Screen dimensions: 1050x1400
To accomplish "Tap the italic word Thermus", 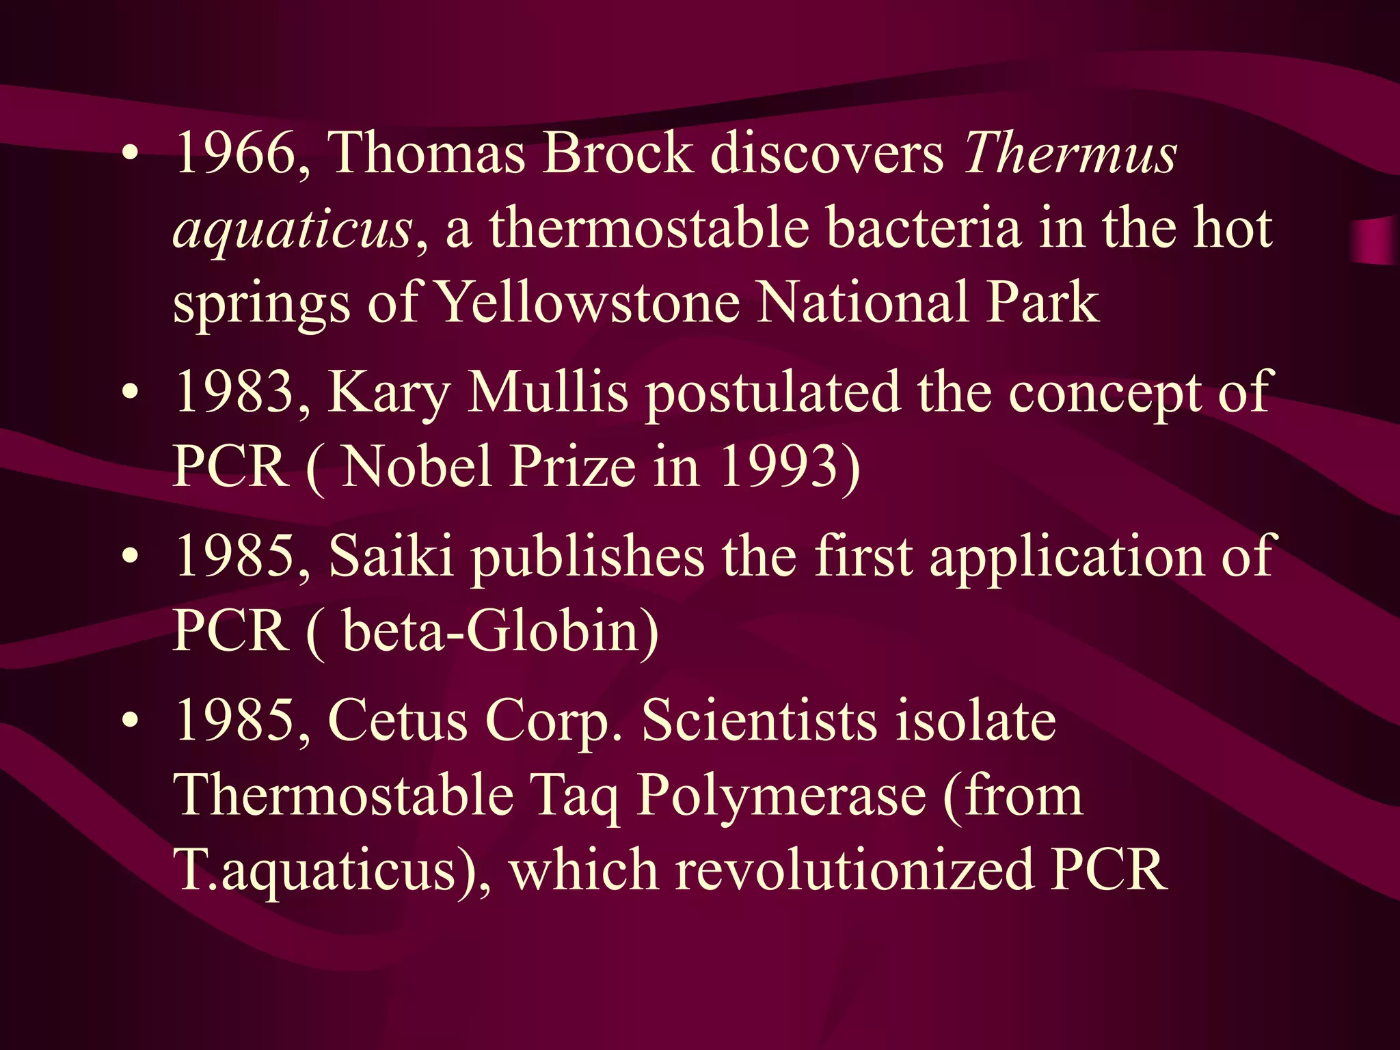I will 1071,152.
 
